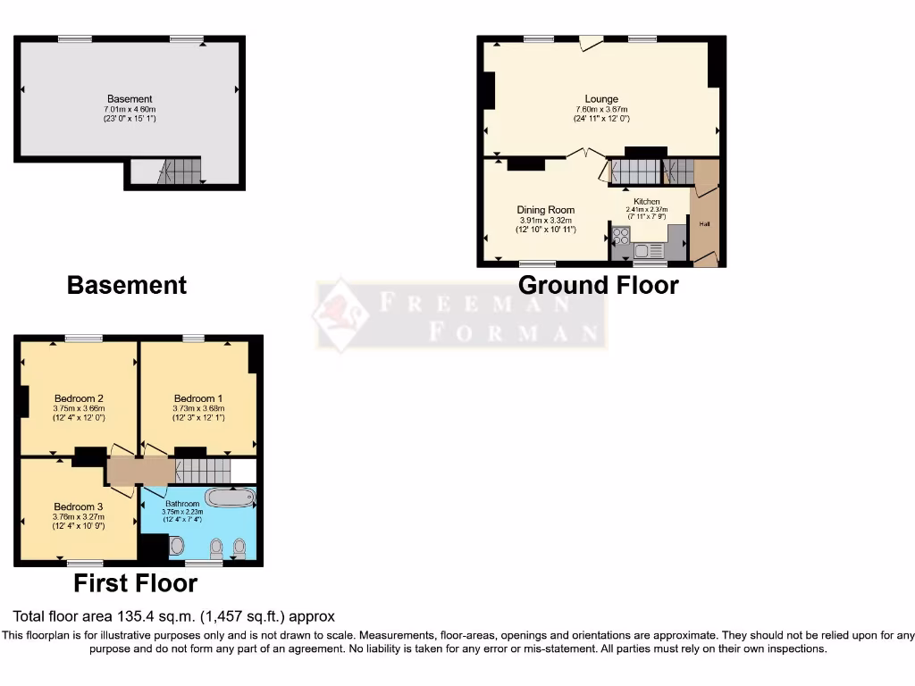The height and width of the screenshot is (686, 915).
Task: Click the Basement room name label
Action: (130, 99)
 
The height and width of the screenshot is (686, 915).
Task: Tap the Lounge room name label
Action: (601, 99)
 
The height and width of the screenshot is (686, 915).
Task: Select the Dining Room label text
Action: (545, 210)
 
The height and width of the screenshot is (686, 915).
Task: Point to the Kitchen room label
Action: (647, 202)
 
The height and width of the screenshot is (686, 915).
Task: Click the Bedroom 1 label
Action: (198, 398)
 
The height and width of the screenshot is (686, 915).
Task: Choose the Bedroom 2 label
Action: (79, 398)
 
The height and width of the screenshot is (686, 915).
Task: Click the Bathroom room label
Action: (181, 503)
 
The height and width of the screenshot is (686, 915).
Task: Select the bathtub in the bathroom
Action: (230, 498)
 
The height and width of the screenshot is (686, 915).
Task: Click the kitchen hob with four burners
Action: (621, 237)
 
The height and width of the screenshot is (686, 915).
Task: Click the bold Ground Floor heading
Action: (598, 285)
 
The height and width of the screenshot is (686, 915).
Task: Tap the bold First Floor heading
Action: (135, 583)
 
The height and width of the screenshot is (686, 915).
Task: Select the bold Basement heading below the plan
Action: (127, 285)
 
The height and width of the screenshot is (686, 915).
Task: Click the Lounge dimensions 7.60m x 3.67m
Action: (601, 109)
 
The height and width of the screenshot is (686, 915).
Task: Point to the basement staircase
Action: (180, 170)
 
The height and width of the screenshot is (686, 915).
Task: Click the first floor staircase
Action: (201, 470)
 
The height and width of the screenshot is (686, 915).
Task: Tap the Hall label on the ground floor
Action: (704, 223)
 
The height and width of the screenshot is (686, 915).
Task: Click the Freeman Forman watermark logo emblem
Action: (341, 314)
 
